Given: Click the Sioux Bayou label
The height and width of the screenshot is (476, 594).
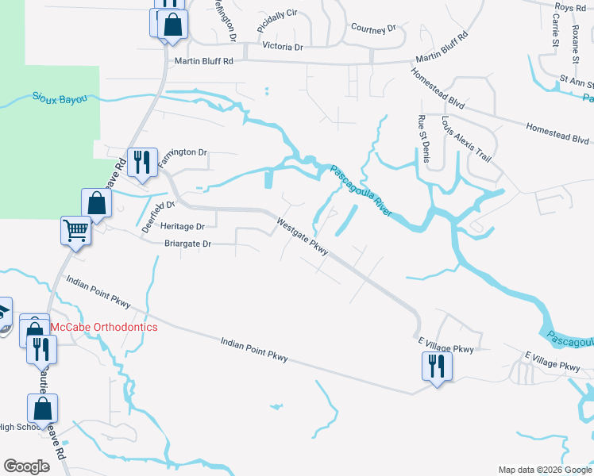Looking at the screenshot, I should point(60,98).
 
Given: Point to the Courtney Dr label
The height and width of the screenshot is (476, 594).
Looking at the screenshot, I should point(372,29).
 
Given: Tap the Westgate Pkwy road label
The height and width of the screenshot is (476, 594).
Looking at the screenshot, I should point(303,236).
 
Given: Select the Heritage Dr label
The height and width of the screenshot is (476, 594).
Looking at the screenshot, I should point(183,226).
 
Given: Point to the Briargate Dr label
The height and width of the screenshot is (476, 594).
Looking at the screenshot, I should point(187,244).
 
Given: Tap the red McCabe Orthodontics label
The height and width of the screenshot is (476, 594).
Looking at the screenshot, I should point(103,327).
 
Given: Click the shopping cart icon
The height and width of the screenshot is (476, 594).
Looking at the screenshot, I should point(76,231).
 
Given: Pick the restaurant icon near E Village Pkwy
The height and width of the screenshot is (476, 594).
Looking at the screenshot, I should point(436,366).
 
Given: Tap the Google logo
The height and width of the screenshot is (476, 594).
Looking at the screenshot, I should point(26,466).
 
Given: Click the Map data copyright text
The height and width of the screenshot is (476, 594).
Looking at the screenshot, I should point(544,470).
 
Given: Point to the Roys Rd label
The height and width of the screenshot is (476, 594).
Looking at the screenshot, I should point(570,7).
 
